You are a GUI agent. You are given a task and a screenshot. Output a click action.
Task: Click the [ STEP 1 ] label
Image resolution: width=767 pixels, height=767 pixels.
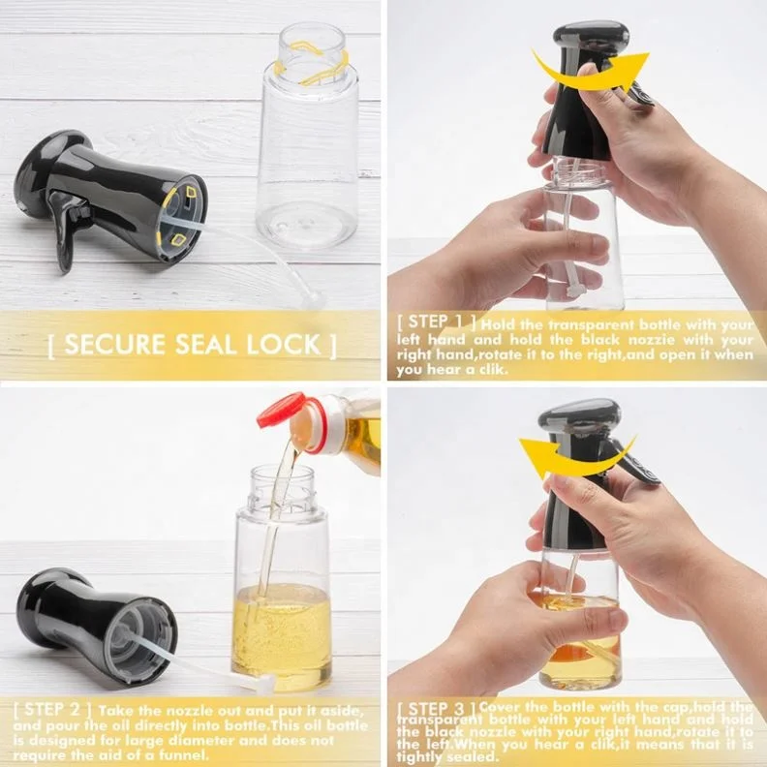click(437, 323)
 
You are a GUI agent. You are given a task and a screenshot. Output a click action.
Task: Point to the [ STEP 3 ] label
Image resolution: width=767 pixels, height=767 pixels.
click(437, 709)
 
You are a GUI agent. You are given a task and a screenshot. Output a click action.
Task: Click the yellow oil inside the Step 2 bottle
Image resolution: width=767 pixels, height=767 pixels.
click(282, 629)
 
